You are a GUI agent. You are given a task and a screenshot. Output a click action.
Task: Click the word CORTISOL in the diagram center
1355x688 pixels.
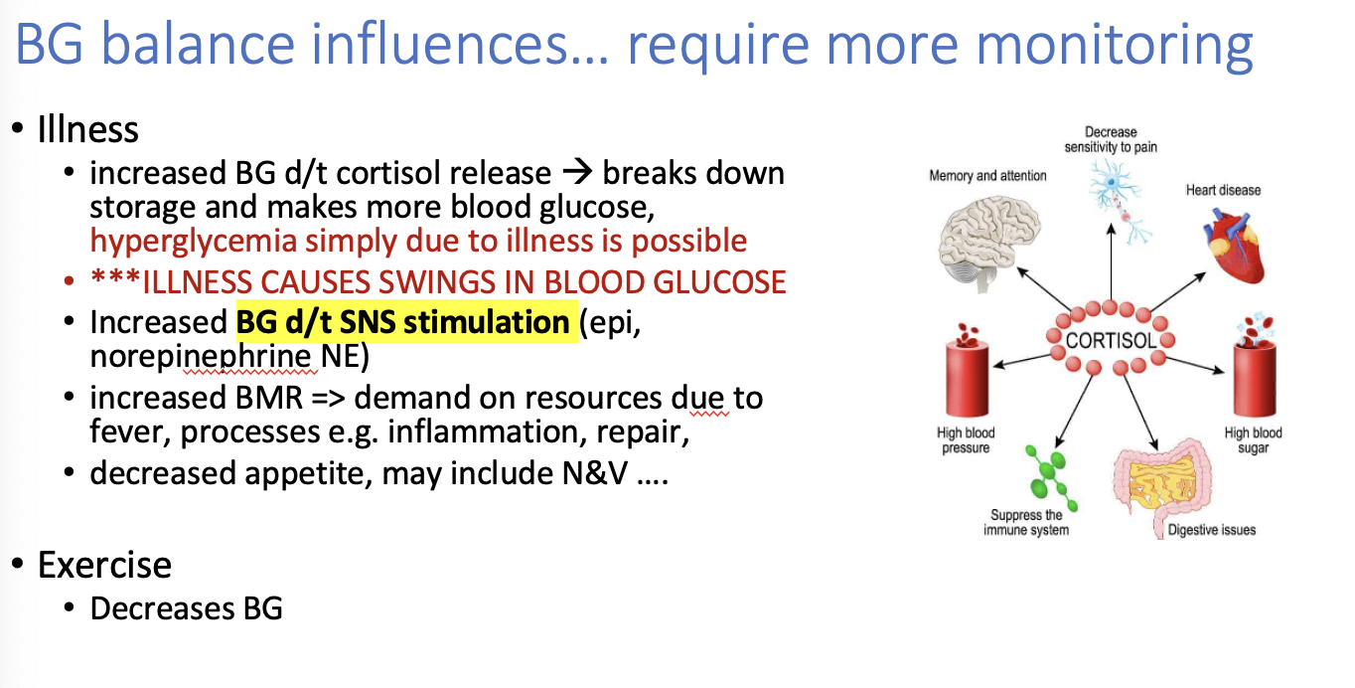1110,341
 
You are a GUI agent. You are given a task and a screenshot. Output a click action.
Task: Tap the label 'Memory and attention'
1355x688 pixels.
987,176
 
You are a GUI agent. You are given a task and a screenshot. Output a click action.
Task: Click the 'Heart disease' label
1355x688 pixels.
1223,190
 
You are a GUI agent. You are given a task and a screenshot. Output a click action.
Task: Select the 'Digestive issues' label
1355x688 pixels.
1211,530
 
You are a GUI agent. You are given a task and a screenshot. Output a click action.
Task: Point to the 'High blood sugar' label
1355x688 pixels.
1253,440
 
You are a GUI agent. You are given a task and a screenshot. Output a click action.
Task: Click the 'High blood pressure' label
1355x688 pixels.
966,440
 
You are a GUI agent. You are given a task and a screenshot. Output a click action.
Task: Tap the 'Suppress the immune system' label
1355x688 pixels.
1026,522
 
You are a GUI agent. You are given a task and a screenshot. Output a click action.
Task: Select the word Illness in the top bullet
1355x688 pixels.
87,129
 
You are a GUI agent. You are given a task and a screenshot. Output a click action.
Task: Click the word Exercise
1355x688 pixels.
104,565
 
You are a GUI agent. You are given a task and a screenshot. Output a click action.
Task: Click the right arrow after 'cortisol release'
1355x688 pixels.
576,173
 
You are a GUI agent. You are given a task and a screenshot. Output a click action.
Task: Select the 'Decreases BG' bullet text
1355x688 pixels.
186,607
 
